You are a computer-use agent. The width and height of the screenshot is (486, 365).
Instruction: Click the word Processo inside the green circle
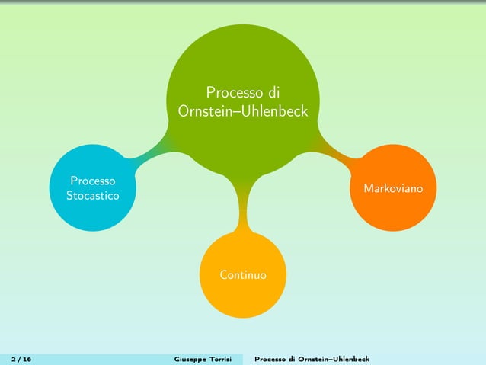(x=232, y=93)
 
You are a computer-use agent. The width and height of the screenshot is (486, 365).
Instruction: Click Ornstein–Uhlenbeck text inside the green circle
(x=242, y=111)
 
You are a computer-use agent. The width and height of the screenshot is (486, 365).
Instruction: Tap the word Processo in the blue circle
(x=92, y=181)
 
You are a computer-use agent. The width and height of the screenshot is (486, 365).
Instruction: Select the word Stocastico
(x=92, y=197)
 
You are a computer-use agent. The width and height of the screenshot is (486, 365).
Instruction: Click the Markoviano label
(x=393, y=187)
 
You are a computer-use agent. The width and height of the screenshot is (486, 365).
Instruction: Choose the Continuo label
(x=243, y=274)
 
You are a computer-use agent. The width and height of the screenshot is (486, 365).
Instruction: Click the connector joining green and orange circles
(x=339, y=151)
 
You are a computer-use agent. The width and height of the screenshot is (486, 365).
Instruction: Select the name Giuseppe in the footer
(x=190, y=359)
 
